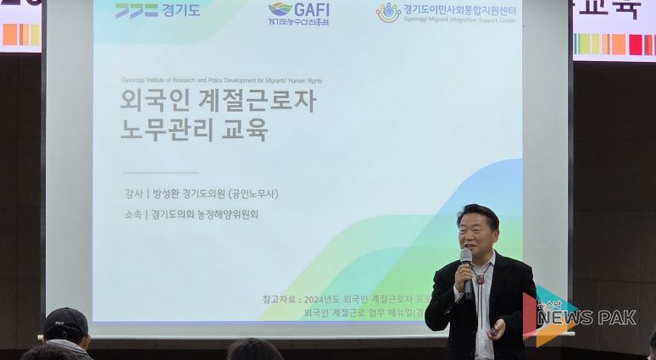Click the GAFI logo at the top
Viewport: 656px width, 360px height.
click(x=298, y=10)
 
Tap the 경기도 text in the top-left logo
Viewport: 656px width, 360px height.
click(x=181, y=11)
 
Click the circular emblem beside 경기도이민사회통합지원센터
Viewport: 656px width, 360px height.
click(x=388, y=12)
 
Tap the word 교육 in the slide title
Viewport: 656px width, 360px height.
click(x=246, y=130)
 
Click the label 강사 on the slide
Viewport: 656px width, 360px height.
click(x=133, y=193)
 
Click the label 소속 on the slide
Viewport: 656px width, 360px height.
click(x=133, y=214)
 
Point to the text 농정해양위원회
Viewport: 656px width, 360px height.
click(x=226, y=214)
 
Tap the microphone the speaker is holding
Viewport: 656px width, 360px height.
click(x=466, y=263)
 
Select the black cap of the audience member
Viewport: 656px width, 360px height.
click(x=65, y=323)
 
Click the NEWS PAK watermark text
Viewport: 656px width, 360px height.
click(x=585, y=318)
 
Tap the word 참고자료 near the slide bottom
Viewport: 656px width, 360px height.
click(x=280, y=299)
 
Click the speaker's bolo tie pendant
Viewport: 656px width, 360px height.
click(x=480, y=279)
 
